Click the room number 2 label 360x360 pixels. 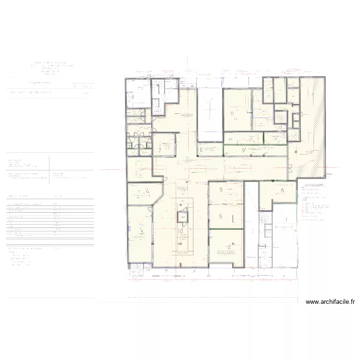pos(229,248)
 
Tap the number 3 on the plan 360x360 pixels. pos(141,233)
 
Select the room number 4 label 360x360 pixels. pos(148,192)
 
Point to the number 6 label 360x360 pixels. pos(282,191)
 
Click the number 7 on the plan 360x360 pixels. pos(159,150)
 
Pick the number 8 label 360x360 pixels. pos(201,150)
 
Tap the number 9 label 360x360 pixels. pos(244,150)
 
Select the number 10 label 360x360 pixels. pos(180,231)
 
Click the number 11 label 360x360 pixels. pos(232,114)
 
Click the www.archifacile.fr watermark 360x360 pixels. pos(330,302)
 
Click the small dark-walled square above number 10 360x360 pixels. pos(182,218)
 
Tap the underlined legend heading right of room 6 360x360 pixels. pos(311,185)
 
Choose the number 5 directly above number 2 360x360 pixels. pos(221,217)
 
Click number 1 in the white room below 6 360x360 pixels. pos(287,220)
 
